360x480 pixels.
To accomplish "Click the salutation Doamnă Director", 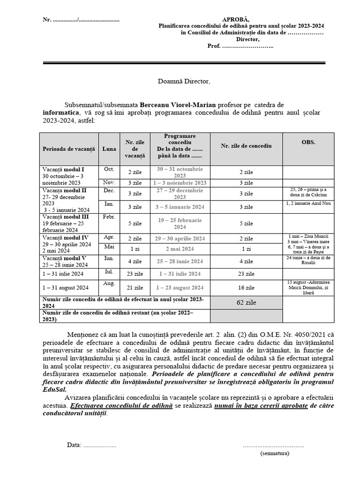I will pyautogui.click(x=184, y=82).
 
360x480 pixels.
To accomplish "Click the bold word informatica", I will pyautogui.click(x=61, y=113).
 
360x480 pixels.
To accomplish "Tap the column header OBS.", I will pyautogui.click(x=308, y=142).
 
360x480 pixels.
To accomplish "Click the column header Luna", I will pyautogui.click(x=109, y=148).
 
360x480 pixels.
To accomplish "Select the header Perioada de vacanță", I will pyautogui.click(x=68, y=148).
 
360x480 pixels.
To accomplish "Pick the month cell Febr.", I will pyautogui.click(x=109, y=217).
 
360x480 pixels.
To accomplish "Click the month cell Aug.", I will pyautogui.click(x=109, y=284).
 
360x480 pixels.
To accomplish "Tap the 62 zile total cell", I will pyautogui.click(x=246, y=302).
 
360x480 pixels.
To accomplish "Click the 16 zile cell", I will pyautogui.click(x=246, y=287).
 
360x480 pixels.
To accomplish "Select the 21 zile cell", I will pyautogui.click(x=135, y=287).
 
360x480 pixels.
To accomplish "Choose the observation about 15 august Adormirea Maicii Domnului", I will pyautogui.click(x=308, y=287).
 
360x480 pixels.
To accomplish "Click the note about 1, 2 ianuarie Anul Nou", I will pyautogui.click(x=308, y=203).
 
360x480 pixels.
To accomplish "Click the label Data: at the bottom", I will pyautogui.click(x=75, y=445).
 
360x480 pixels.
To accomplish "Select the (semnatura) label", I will pyautogui.click(x=275, y=453).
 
